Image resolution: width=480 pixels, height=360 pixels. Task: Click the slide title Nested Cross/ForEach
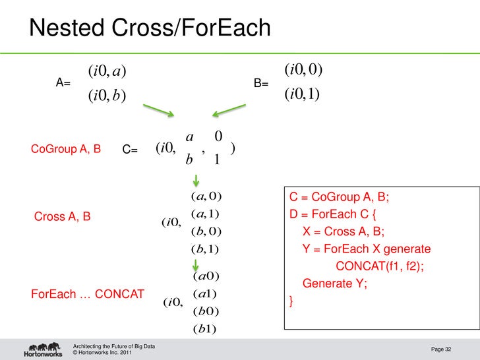[x=150, y=28]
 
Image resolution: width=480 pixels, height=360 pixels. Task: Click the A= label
[x=63, y=84]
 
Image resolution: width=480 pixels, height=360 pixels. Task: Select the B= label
[x=261, y=84]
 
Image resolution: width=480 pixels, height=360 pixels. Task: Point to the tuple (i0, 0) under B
[x=303, y=69]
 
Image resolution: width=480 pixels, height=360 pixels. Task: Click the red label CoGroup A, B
[x=66, y=149]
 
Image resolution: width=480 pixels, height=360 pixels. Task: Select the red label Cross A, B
[x=62, y=216]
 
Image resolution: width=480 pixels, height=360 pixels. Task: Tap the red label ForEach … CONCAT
[x=88, y=294]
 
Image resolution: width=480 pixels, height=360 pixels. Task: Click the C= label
[x=130, y=150]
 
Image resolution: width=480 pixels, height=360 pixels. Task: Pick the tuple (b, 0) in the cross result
[x=205, y=231]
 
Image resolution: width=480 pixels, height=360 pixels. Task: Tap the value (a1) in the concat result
[x=205, y=293]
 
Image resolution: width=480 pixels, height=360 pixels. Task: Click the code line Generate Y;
[x=335, y=284]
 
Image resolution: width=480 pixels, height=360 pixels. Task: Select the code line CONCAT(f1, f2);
[x=379, y=266]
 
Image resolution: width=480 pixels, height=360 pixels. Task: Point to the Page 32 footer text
[x=441, y=349]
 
